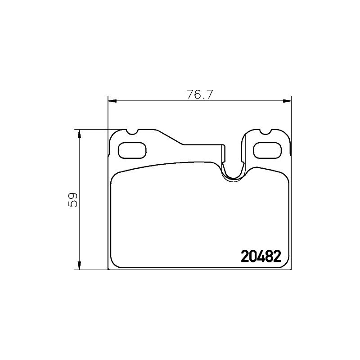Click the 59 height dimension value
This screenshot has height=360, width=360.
tap(73, 199)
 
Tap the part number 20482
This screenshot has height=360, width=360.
tap(261, 256)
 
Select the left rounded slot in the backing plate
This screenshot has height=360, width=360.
tap(132, 150)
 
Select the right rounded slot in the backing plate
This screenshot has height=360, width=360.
tap(267, 150)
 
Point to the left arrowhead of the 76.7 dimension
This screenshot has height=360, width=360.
tap(112, 101)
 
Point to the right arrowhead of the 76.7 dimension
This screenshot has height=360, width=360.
tap(287, 101)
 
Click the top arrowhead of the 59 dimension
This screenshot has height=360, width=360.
tap(79, 134)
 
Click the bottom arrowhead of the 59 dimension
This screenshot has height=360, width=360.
tap(79, 265)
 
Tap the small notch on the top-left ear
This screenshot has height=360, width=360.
tap(132, 132)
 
